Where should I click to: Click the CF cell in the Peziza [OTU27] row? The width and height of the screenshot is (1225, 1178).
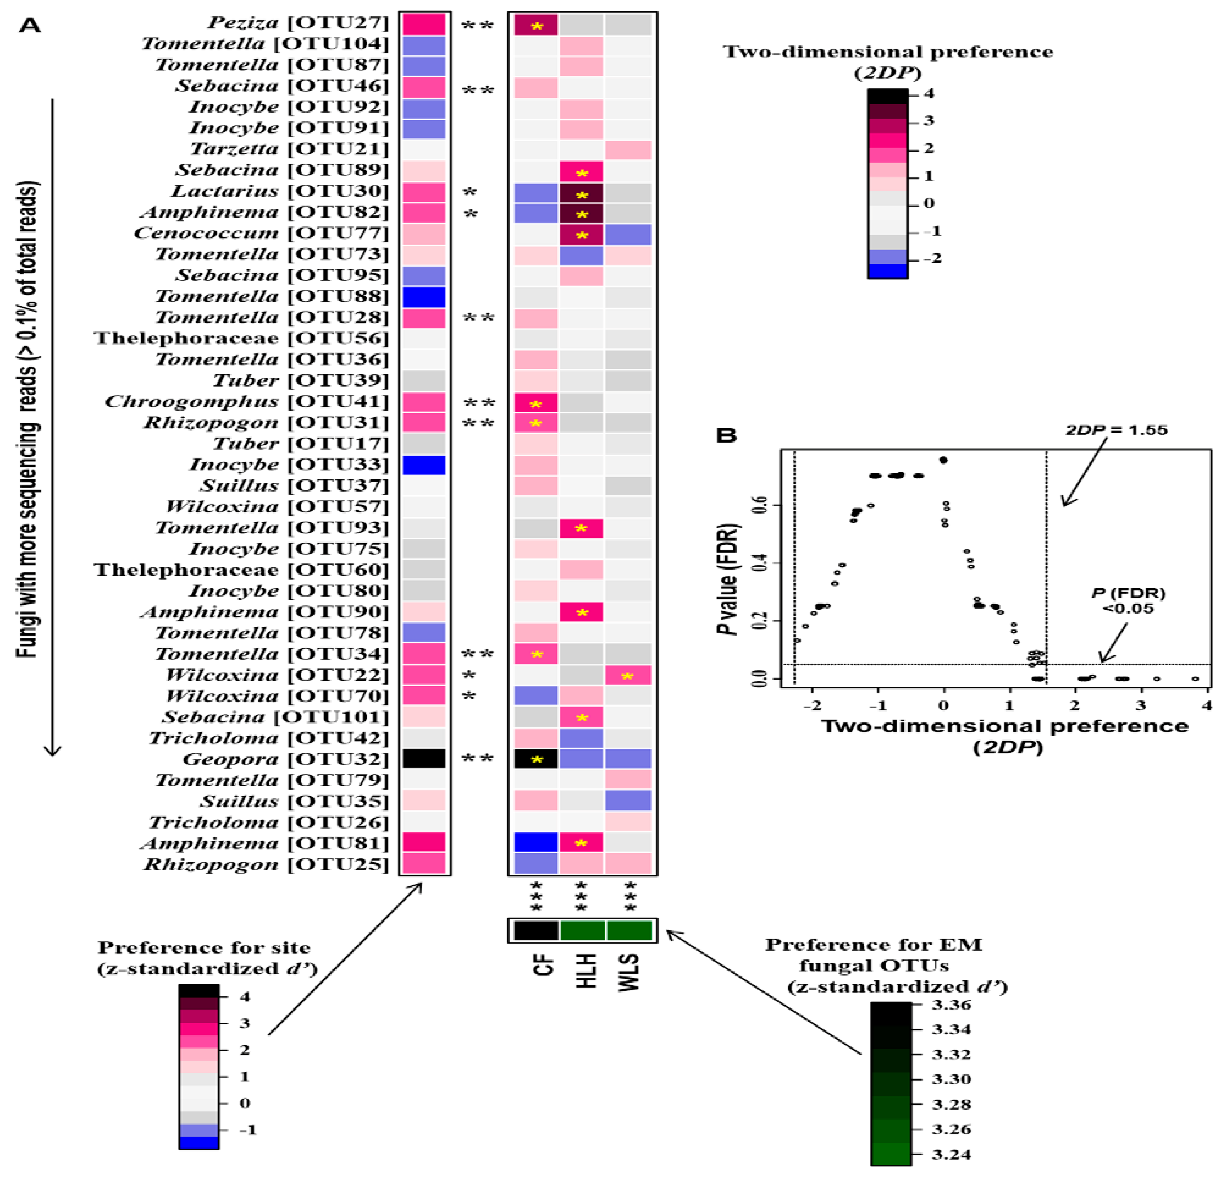[x=536, y=25]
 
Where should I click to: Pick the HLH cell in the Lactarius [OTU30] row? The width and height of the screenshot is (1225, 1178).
[x=581, y=193]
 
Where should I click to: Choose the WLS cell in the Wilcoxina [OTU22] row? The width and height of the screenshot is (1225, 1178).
[x=628, y=675]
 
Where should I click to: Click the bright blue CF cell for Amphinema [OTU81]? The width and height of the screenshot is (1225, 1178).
[x=536, y=842]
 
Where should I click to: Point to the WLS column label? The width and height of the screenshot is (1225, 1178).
[x=629, y=972]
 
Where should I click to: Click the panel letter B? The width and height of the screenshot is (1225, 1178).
[x=726, y=435]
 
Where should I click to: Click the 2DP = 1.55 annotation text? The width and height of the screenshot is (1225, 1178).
[x=1116, y=430]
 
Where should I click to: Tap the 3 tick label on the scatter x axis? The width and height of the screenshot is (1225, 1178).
[x=1141, y=705]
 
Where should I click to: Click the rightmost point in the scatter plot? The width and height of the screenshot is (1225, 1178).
[x=1195, y=678]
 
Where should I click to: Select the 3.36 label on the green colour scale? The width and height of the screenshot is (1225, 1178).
[x=951, y=1005]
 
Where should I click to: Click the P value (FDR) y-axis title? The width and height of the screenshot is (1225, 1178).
[x=729, y=578]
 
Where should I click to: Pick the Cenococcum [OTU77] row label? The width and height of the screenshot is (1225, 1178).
[x=261, y=234]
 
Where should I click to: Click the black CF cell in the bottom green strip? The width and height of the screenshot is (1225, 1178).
[x=536, y=930]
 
